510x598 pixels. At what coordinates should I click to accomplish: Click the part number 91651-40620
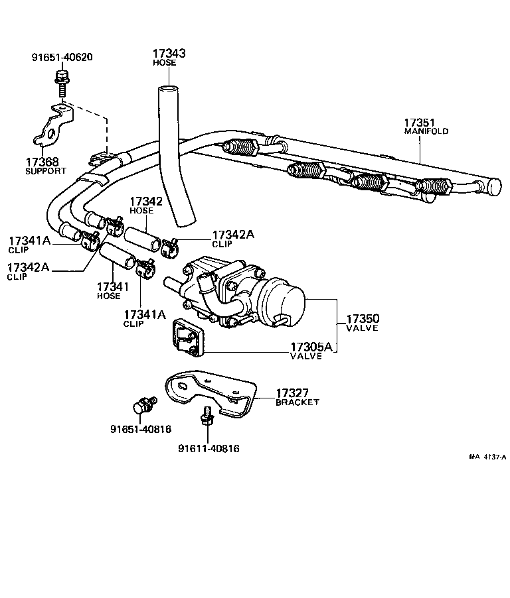(62, 57)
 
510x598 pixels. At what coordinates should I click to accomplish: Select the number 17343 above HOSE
(168, 53)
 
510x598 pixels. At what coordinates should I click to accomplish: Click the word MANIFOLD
(426, 131)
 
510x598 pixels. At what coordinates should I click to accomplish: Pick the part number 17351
(419, 123)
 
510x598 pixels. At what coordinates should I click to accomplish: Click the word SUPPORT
(46, 170)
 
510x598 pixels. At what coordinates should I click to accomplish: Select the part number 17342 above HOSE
(145, 202)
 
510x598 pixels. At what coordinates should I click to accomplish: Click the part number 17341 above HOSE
(113, 286)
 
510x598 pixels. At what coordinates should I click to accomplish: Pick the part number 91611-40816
(208, 448)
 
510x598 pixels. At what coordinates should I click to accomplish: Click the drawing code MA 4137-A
(487, 457)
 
